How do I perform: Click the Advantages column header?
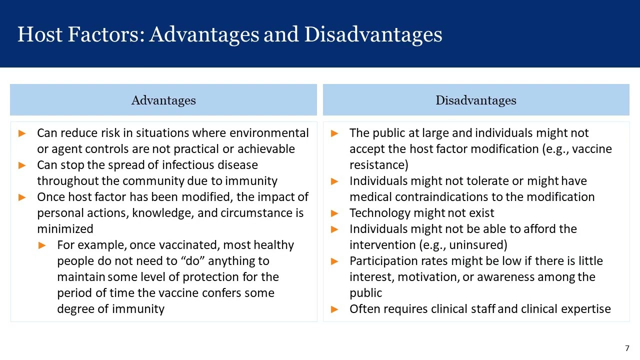[x=163, y=100]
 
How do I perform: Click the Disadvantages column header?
[x=475, y=100]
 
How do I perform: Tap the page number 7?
[x=627, y=348]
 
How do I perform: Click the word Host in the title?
[x=39, y=34]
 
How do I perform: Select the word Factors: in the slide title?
[x=106, y=34]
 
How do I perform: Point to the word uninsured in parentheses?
[x=477, y=245]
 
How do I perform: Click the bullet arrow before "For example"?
[x=42, y=245]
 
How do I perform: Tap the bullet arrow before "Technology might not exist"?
[x=335, y=213]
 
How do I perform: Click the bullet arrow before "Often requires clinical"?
[x=335, y=309]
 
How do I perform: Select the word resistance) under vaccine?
[x=378, y=165]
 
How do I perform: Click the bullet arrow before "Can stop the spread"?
[x=22, y=165]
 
